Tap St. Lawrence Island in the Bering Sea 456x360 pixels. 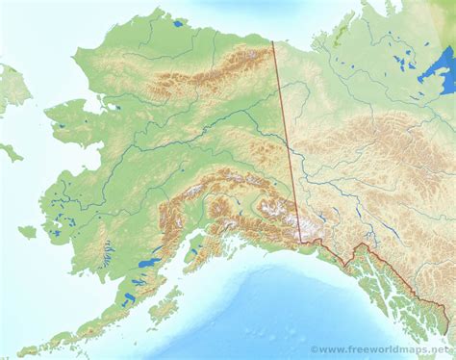coord(11,152)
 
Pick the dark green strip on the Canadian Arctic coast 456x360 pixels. coord(340,37)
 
